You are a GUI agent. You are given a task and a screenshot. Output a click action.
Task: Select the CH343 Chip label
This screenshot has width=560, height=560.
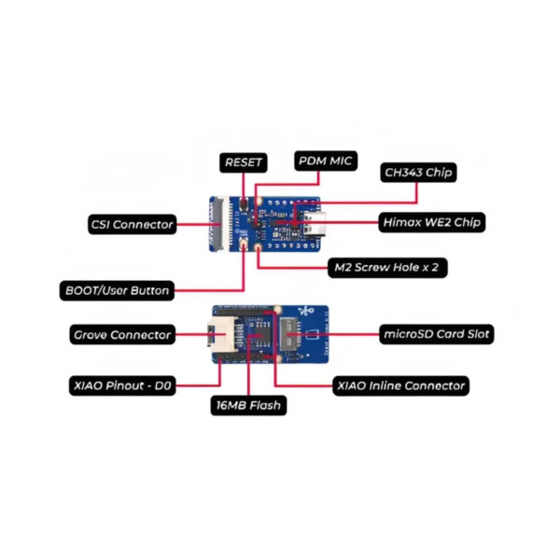(x=421, y=173)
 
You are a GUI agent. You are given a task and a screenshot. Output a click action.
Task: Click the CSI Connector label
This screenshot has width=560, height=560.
(x=132, y=224)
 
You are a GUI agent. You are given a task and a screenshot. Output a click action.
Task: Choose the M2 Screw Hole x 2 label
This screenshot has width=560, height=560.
(x=386, y=267)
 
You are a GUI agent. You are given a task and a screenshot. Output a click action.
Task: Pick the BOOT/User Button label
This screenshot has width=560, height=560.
(x=116, y=290)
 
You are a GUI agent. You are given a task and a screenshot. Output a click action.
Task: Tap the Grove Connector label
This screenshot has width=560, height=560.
(x=122, y=334)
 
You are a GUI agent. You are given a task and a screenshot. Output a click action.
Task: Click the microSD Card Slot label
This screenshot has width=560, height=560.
(x=438, y=333)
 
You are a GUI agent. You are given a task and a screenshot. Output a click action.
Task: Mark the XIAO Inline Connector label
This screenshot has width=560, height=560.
(x=400, y=385)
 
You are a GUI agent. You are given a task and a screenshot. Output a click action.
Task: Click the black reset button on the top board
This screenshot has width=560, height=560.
(x=245, y=203)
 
